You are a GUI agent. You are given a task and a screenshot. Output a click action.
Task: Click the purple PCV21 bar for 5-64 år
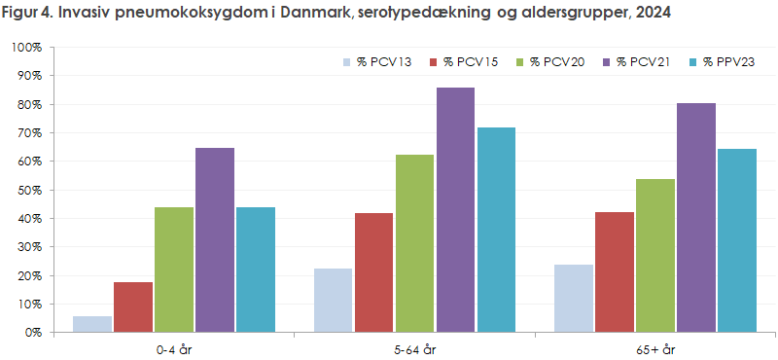tap(455, 210)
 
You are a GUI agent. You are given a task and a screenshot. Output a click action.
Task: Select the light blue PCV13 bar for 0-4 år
tap(92, 324)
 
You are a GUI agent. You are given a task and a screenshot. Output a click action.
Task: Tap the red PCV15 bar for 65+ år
tap(614, 272)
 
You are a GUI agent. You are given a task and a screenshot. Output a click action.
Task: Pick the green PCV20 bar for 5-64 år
tap(414, 243)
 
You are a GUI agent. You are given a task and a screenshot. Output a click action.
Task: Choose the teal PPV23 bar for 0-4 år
tap(255, 270)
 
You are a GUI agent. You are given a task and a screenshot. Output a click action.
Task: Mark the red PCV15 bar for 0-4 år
tap(133, 307)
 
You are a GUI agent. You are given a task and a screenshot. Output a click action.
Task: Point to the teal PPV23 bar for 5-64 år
tap(496, 230)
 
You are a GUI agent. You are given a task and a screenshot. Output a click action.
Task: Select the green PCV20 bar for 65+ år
tap(654, 256)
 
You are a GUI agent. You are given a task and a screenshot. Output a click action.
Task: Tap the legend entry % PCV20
tap(557, 62)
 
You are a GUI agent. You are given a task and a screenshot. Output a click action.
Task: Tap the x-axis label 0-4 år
tap(173, 346)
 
